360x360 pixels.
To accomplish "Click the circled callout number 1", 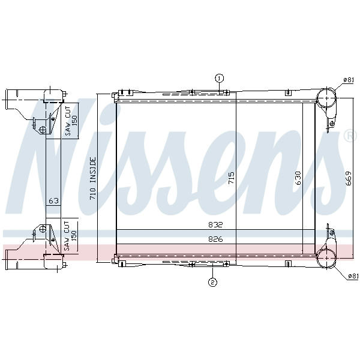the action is [219, 79].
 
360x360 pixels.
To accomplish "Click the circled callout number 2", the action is [212, 282].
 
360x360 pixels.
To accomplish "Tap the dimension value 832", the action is [215, 224].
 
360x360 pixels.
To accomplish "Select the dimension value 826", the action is [215, 239].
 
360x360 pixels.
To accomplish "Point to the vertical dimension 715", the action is [232, 178].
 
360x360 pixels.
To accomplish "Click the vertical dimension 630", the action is [298, 178].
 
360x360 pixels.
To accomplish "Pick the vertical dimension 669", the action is [349, 178].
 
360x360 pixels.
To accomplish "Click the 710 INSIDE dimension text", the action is [93, 178].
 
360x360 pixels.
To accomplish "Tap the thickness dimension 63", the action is [54, 200].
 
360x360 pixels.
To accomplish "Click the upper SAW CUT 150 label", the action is [71, 121].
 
